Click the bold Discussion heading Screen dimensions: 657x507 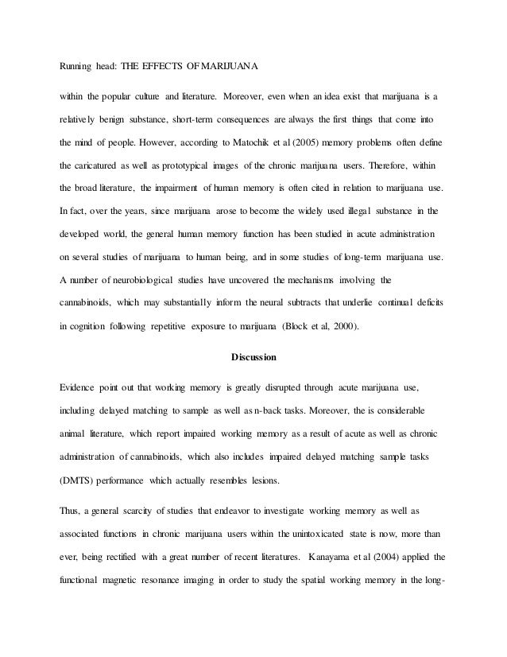pos(253,357)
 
